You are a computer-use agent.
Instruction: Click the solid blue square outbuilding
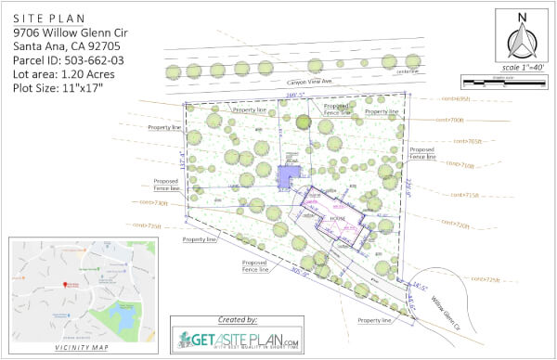click(x=290, y=174)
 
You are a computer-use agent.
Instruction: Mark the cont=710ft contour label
click(x=461, y=164)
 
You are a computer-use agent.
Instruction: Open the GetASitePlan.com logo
click(x=240, y=338)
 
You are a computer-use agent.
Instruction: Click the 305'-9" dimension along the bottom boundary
click(x=300, y=274)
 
